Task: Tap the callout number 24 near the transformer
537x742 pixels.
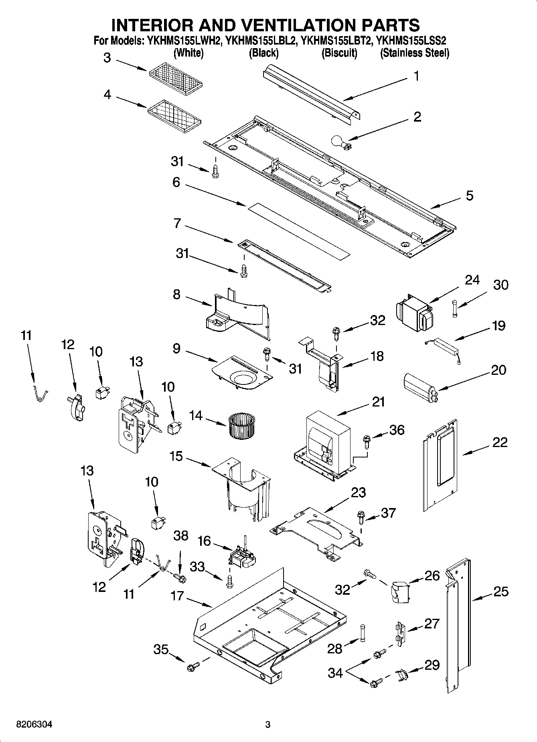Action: [x=472, y=280]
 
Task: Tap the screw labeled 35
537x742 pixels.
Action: [x=191, y=667]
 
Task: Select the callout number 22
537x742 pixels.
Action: [x=500, y=443]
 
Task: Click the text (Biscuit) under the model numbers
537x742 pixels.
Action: [x=339, y=53]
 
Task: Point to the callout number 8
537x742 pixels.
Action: [x=176, y=295]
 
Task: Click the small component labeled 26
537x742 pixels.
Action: [x=399, y=591]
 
